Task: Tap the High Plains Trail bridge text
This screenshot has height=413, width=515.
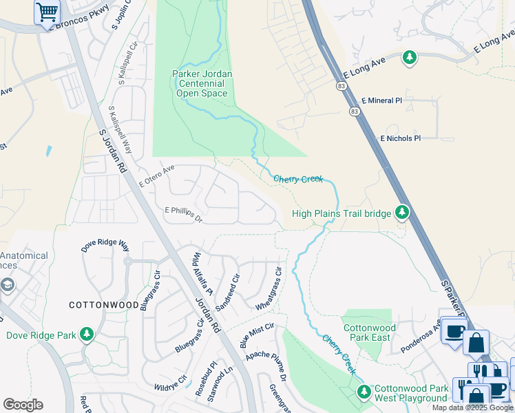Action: click(x=341, y=213)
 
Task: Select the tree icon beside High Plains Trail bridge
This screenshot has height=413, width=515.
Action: click(x=402, y=213)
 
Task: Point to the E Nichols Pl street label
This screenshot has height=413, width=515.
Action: click(x=400, y=138)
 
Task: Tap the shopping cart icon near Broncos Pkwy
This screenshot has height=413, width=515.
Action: click(x=47, y=12)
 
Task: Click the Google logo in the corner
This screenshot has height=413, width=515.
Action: click(x=23, y=405)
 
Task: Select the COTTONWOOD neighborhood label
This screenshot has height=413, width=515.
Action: click(x=103, y=304)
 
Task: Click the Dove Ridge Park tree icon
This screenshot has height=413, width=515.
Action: click(x=87, y=335)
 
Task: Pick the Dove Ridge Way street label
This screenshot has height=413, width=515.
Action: click(x=105, y=245)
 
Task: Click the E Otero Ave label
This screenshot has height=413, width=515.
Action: click(x=157, y=176)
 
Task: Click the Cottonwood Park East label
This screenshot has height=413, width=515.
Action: click(x=370, y=333)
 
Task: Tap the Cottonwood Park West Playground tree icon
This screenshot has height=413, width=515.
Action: click(x=364, y=392)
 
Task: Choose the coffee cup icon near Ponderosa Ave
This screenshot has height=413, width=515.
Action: click(x=453, y=332)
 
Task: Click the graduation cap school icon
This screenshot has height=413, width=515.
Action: click(x=7, y=285)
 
